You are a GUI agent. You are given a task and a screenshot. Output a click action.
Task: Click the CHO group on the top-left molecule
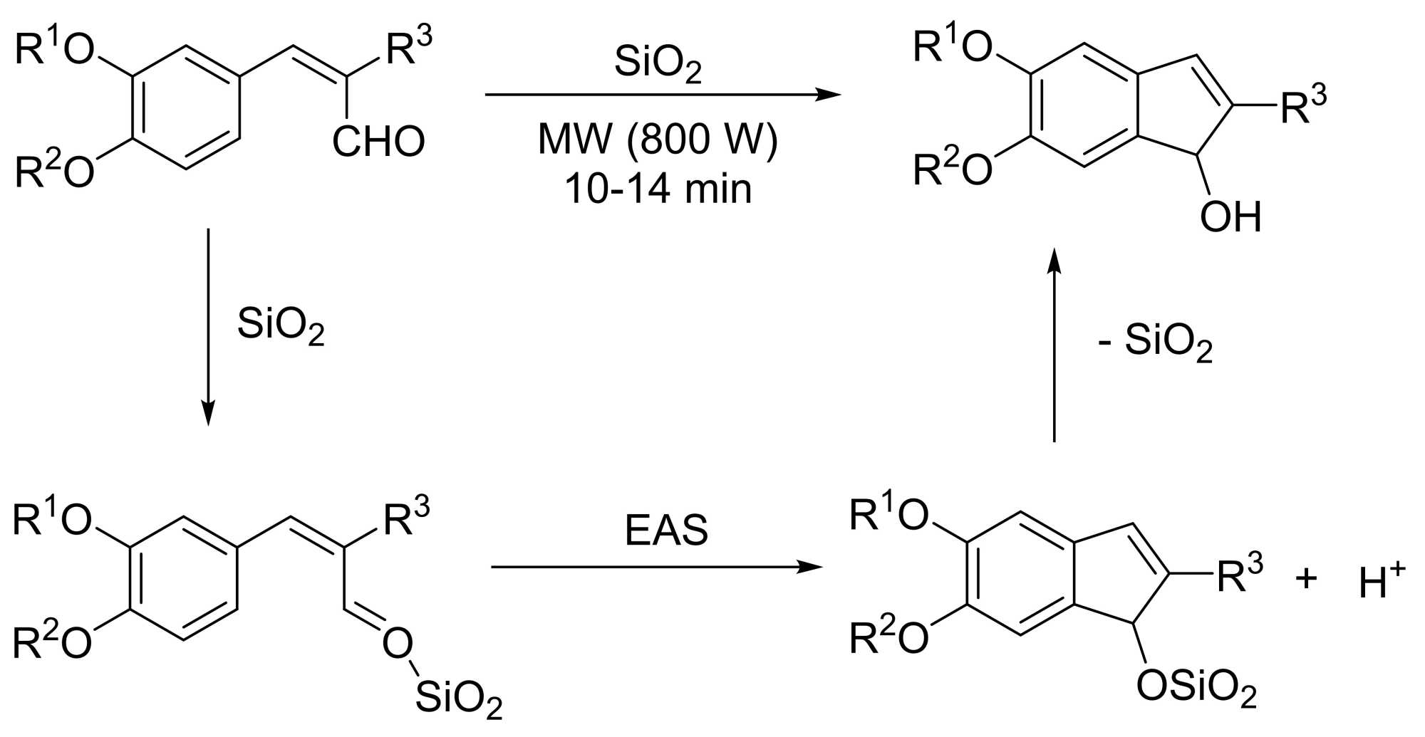(x=378, y=142)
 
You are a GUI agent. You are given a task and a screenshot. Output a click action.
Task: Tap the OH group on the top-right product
(x=1230, y=216)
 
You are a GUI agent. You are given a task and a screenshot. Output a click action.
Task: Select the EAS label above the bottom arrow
(x=666, y=530)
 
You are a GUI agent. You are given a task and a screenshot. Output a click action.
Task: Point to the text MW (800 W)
(x=658, y=139)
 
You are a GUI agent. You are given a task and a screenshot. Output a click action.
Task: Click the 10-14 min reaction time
(x=658, y=189)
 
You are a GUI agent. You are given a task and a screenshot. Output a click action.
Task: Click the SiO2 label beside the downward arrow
(x=281, y=326)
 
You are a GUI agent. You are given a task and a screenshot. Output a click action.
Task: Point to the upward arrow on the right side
(x=1054, y=345)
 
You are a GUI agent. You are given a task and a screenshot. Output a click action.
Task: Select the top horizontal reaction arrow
(x=663, y=94)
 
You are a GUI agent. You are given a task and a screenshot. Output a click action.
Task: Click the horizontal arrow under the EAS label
(x=656, y=568)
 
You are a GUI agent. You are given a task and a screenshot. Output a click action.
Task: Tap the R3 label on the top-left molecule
(x=409, y=48)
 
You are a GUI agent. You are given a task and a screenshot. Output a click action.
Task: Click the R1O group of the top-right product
(x=953, y=47)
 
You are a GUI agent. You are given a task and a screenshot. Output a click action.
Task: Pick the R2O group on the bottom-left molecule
(x=53, y=642)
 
